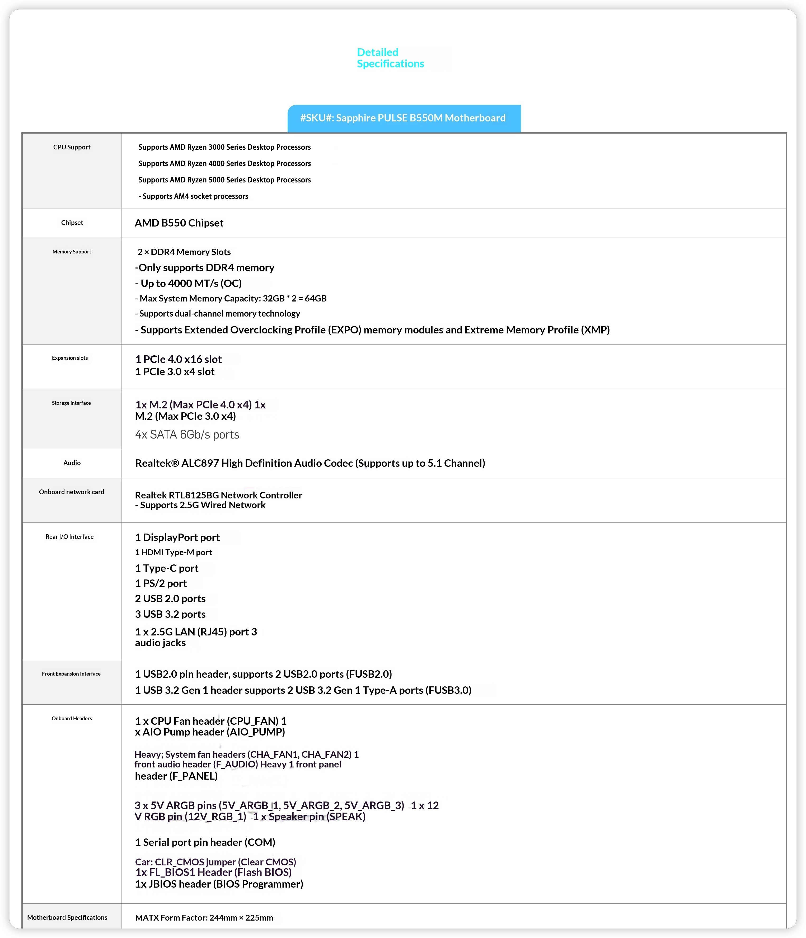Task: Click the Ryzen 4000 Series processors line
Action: (x=224, y=163)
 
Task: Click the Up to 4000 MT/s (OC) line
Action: (x=188, y=283)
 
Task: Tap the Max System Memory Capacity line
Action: (x=231, y=298)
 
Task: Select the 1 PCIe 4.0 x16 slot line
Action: (x=179, y=360)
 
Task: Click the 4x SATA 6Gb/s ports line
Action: (x=187, y=435)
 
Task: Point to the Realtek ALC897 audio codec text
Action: (x=310, y=463)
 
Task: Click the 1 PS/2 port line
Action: (x=161, y=583)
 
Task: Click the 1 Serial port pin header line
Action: (x=205, y=842)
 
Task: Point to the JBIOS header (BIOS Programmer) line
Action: (x=219, y=884)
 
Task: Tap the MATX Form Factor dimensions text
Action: (x=204, y=918)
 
